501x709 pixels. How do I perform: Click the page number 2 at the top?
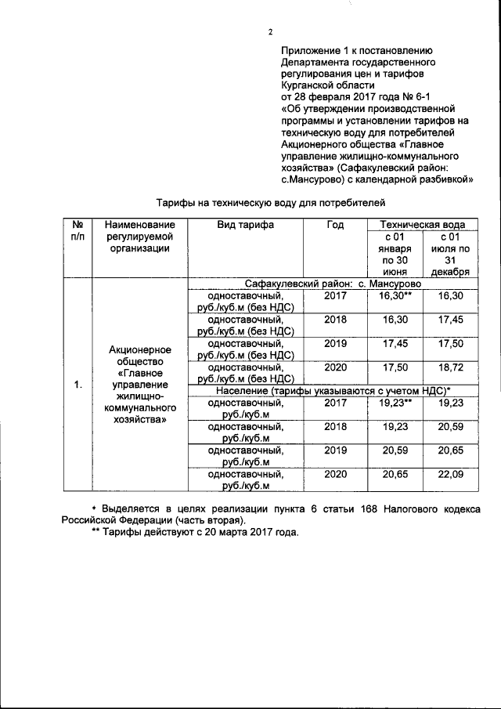pos(269,32)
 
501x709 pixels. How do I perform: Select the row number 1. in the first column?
pos(77,385)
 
